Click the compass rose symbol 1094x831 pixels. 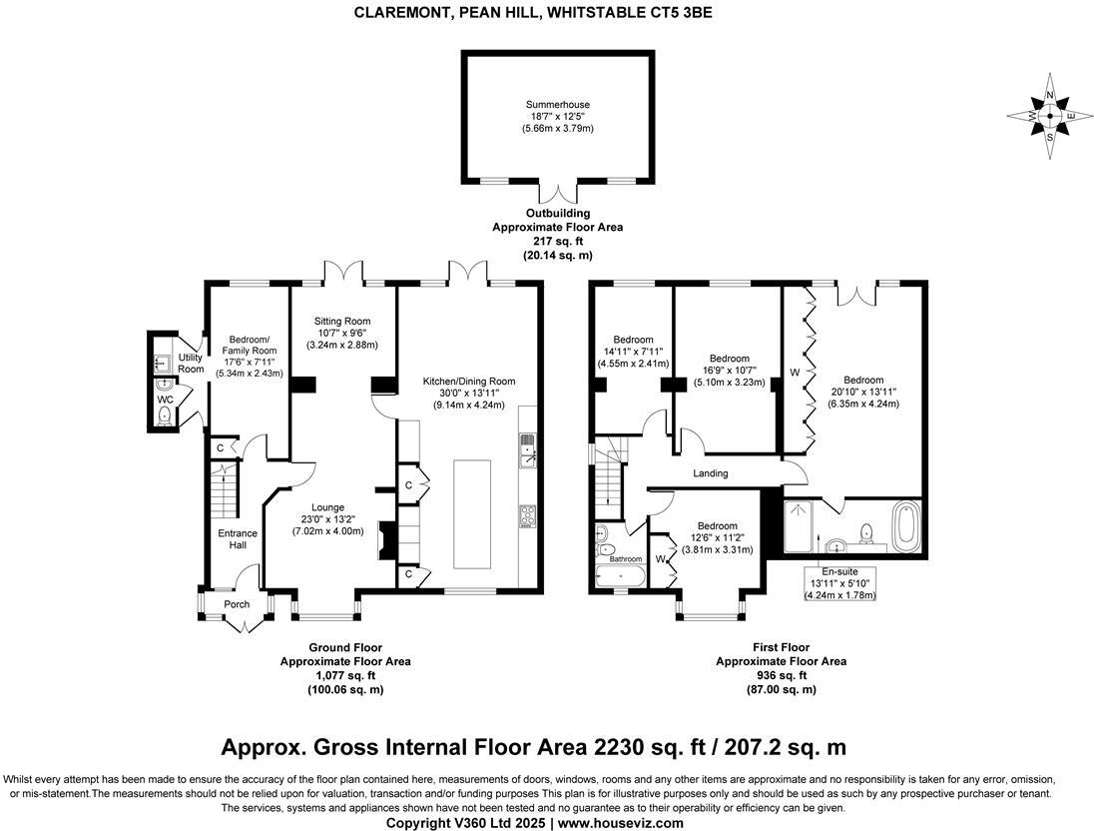(1049, 117)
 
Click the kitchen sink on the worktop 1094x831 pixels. (527, 456)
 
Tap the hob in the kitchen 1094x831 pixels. (527, 515)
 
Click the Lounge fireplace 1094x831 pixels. (386, 542)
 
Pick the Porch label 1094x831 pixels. (237, 604)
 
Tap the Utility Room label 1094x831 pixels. (191, 363)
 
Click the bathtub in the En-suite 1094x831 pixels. (906, 527)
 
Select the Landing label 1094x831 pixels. (710, 473)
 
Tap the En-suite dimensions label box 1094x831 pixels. (839, 583)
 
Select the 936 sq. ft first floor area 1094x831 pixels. (781, 675)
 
